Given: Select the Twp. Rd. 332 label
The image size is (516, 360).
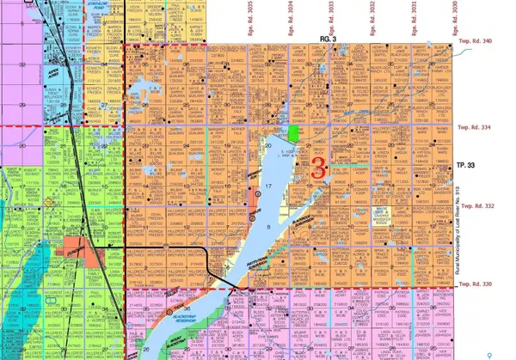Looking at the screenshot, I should click(479, 206).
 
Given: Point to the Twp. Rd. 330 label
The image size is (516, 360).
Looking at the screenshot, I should click(479, 285).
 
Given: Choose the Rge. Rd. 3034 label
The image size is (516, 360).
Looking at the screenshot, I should click(290, 17).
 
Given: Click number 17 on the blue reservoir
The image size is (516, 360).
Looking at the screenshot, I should click(268, 186).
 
